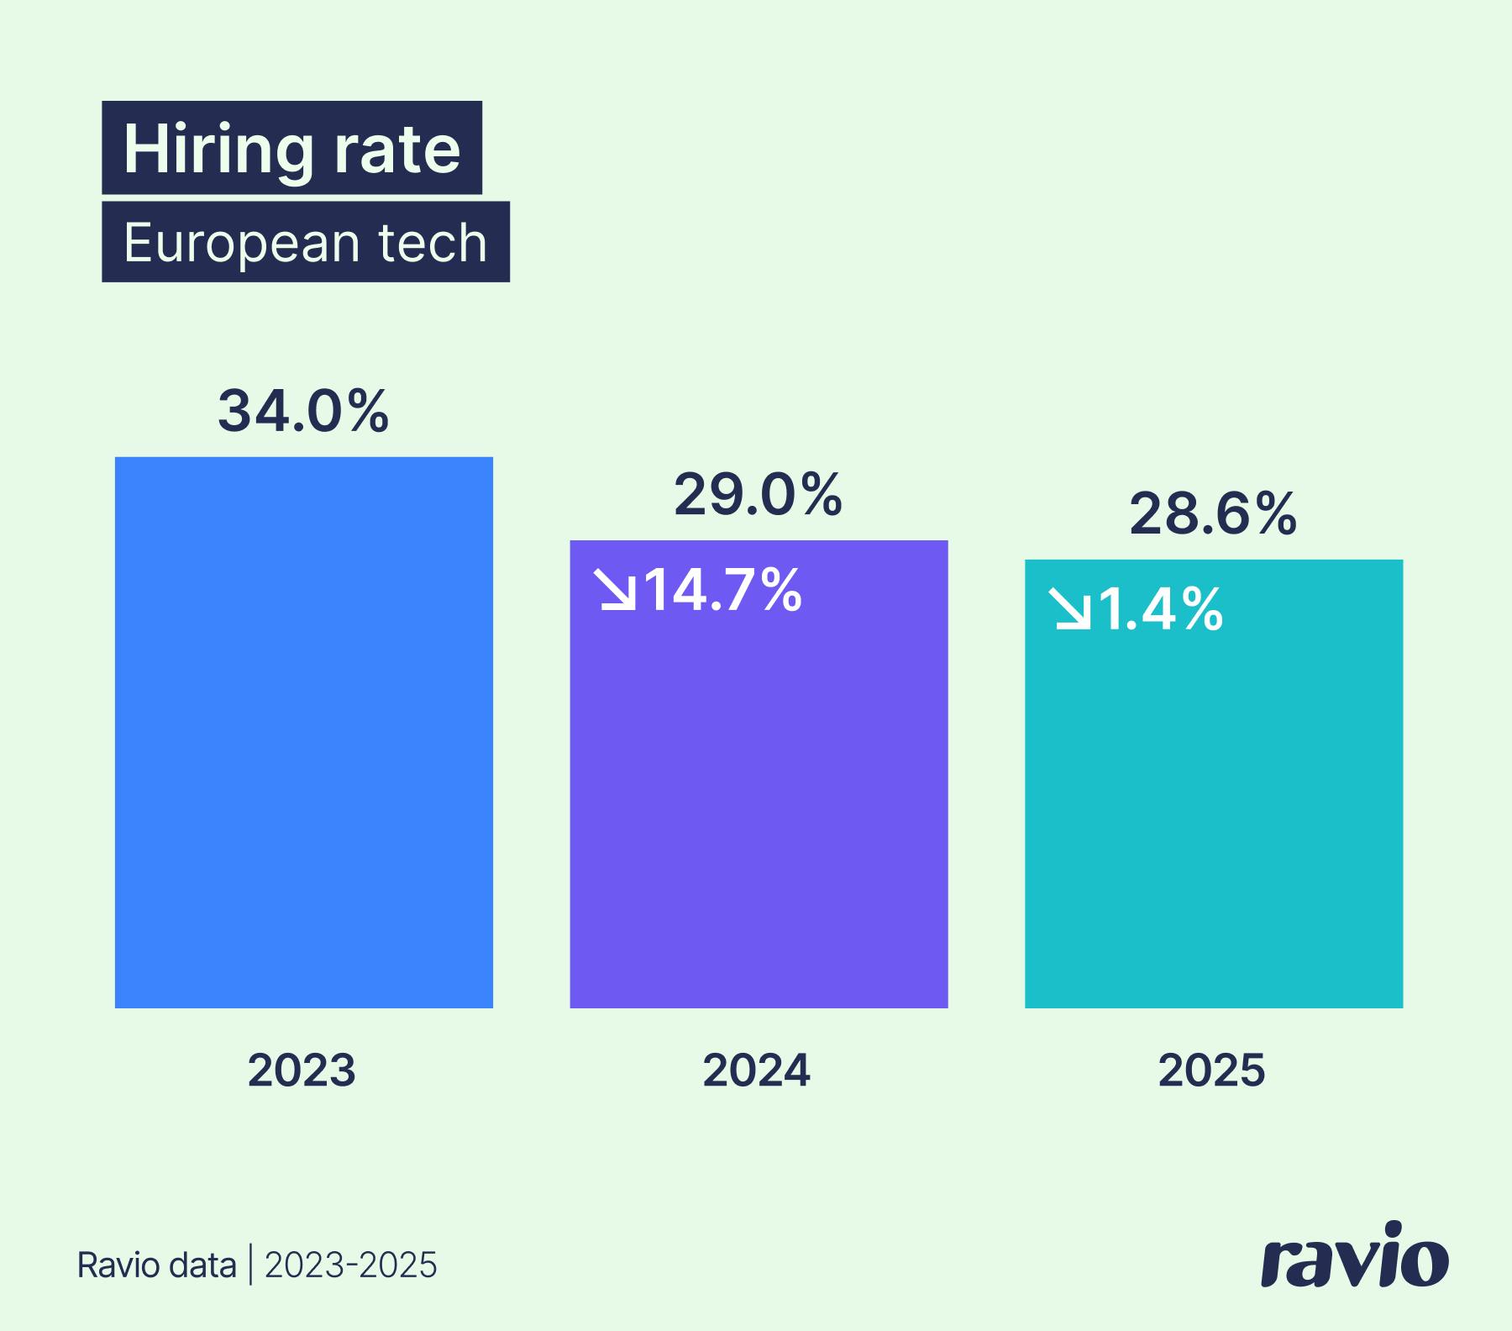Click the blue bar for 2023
pyautogui.click(x=303, y=732)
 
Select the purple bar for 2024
pyautogui.click(x=759, y=798)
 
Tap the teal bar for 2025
pyautogui.click(x=1213, y=807)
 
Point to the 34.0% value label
pyautogui.click(x=303, y=411)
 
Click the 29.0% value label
pyautogui.click(x=758, y=495)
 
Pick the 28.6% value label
pyautogui.click(x=1213, y=514)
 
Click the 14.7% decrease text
pyautogui.click(x=722, y=590)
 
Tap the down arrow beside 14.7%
pyautogui.click(x=615, y=590)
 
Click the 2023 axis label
pyautogui.click(x=302, y=1071)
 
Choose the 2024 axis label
pyautogui.click(x=757, y=1071)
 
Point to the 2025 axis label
pyautogui.click(x=1211, y=1071)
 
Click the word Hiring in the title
pyautogui.click(x=218, y=150)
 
